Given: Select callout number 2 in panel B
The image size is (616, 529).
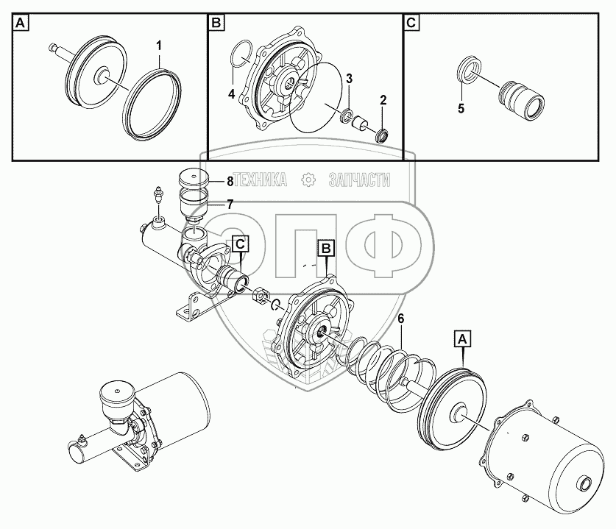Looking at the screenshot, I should tap(383, 100).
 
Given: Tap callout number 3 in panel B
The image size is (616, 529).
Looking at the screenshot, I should tap(350, 79).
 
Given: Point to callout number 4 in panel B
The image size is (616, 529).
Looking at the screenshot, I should tap(231, 93).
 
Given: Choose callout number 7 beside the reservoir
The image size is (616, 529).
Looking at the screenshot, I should tap(230, 204).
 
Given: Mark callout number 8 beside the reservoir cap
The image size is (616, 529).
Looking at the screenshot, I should tap(230, 180).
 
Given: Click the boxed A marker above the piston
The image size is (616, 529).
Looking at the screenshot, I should tap(461, 339).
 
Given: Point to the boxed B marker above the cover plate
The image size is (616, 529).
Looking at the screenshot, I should tap(325, 249).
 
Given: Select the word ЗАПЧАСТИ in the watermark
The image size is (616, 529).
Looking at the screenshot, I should tap(359, 180).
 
